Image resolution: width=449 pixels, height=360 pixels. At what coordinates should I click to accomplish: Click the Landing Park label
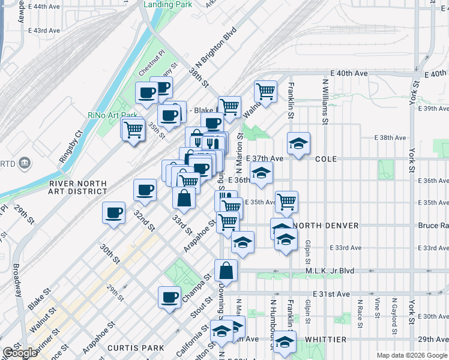coord(169,4)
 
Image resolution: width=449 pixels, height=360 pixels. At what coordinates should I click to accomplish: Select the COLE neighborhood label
coord(327,158)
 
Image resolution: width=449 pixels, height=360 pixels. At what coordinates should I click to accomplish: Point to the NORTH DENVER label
coord(327,225)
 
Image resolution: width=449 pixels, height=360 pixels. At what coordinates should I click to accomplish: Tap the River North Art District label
coord(78,187)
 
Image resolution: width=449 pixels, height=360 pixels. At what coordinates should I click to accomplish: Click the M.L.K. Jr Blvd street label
coord(332,270)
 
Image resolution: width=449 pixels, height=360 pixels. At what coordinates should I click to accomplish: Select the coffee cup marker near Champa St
coord(170,297)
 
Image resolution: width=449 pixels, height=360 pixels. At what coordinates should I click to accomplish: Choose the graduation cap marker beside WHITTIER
coord(285,343)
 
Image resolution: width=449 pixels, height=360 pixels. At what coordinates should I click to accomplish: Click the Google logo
coord(19,353)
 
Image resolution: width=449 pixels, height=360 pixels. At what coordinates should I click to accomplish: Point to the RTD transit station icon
coord(25,162)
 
